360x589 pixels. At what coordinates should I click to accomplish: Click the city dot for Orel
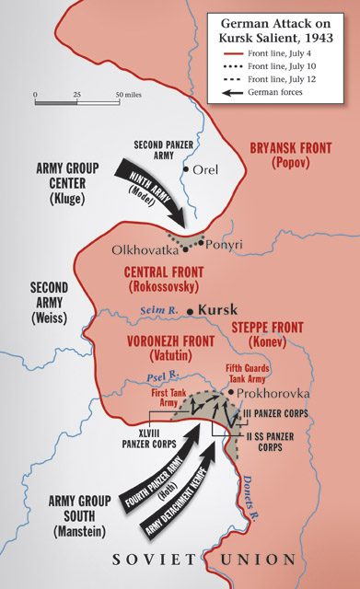coord(186,169)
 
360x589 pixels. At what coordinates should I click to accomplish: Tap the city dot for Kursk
coord(191,311)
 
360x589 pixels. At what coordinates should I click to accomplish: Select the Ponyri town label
coord(226,245)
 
